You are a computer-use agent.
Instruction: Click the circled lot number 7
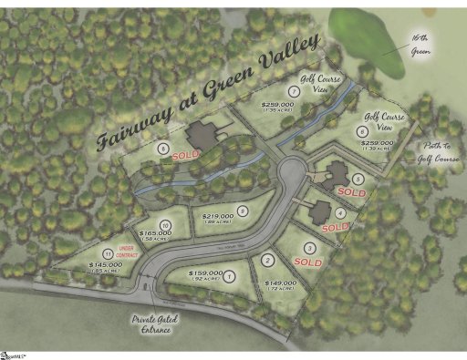(293, 92)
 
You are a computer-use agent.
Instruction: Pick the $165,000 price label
(156, 234)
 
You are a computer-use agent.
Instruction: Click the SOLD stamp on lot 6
(186, 157)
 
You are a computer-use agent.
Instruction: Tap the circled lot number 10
(165, 224)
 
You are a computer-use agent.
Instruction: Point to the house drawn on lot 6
(203, 137)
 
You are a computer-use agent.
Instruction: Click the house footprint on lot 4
(320, 211)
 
